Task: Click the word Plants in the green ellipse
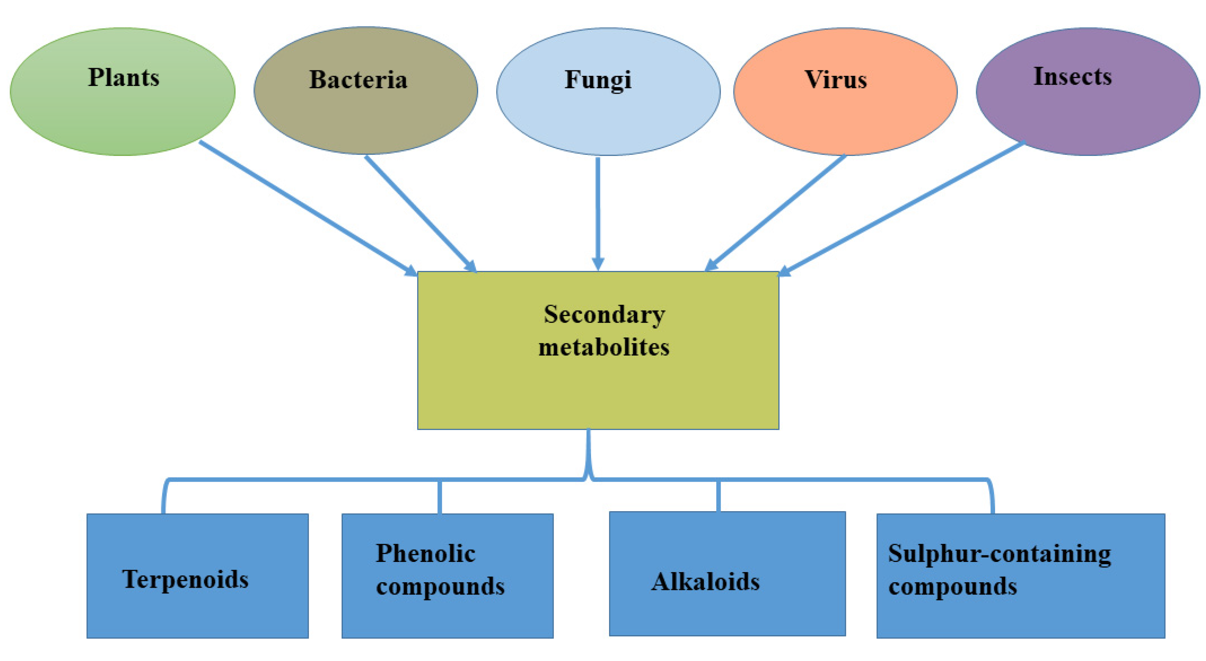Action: (123, 78)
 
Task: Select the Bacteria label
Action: (358, 80)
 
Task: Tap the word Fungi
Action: (598, 80)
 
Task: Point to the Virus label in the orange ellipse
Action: (836, 80)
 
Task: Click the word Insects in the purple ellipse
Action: (1072, 77)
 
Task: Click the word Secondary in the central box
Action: (604, 315)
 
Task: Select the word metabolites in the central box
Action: (604, 348)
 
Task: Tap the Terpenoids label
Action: (186, 579)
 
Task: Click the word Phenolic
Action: (425, 553)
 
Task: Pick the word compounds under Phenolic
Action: (440, 586)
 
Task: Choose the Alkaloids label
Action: (705, 582)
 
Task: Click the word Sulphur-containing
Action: (999, 553)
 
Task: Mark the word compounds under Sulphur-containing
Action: (953, 586)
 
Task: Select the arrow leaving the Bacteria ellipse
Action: (419, 213)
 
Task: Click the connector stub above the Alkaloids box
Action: (718, 496)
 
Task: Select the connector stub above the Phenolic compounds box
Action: (440, 497)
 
